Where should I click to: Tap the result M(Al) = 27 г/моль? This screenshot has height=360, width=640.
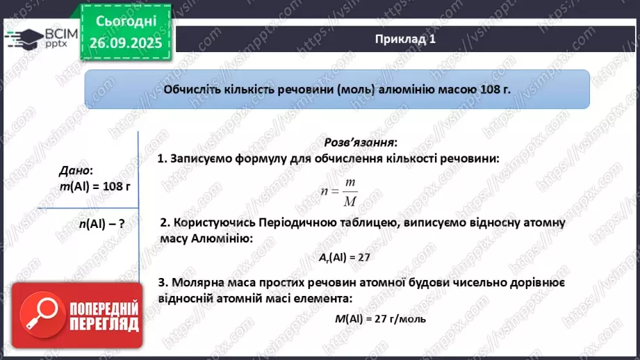[x=375, y=319]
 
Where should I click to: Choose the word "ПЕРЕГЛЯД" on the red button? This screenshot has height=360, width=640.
[x=104, y=324]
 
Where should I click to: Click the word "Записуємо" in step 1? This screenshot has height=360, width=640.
[x=202, y=158]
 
